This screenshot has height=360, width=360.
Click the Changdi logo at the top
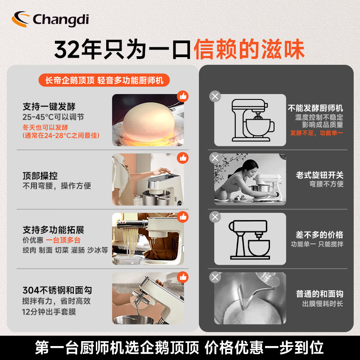(50, 19)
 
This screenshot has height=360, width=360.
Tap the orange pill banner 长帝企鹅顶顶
(104, 80)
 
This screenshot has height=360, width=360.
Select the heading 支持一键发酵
(49, 107)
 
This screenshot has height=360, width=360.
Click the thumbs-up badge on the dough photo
(183, 96)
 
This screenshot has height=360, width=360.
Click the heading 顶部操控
(40, 176)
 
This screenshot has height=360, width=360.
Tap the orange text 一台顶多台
(63, 240)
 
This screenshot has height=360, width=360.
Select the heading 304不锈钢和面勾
(57, 290)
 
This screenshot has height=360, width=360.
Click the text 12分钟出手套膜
(49, 312)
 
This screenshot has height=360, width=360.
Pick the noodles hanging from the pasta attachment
(130, 241)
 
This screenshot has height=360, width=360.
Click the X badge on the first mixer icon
(215, 96)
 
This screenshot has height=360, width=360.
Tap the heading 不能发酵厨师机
(315, 108)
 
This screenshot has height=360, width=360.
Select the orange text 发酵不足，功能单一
(317, 133)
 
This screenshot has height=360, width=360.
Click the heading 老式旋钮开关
(319, 175)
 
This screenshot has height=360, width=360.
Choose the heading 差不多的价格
(319, 234)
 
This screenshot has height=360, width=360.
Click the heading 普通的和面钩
(319, 294)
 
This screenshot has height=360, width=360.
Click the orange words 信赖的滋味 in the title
(249, 49)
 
